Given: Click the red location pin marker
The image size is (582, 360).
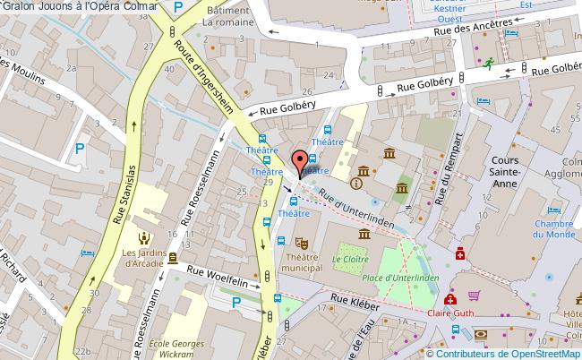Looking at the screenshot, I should click(298, 163).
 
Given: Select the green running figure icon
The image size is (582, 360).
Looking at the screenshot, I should click(490, 63).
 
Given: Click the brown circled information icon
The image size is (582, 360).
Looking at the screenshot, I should click(357, 184).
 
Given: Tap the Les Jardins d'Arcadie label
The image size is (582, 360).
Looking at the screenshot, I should click(143, 257).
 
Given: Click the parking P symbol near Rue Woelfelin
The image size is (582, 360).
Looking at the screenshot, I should click(235, 303).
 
